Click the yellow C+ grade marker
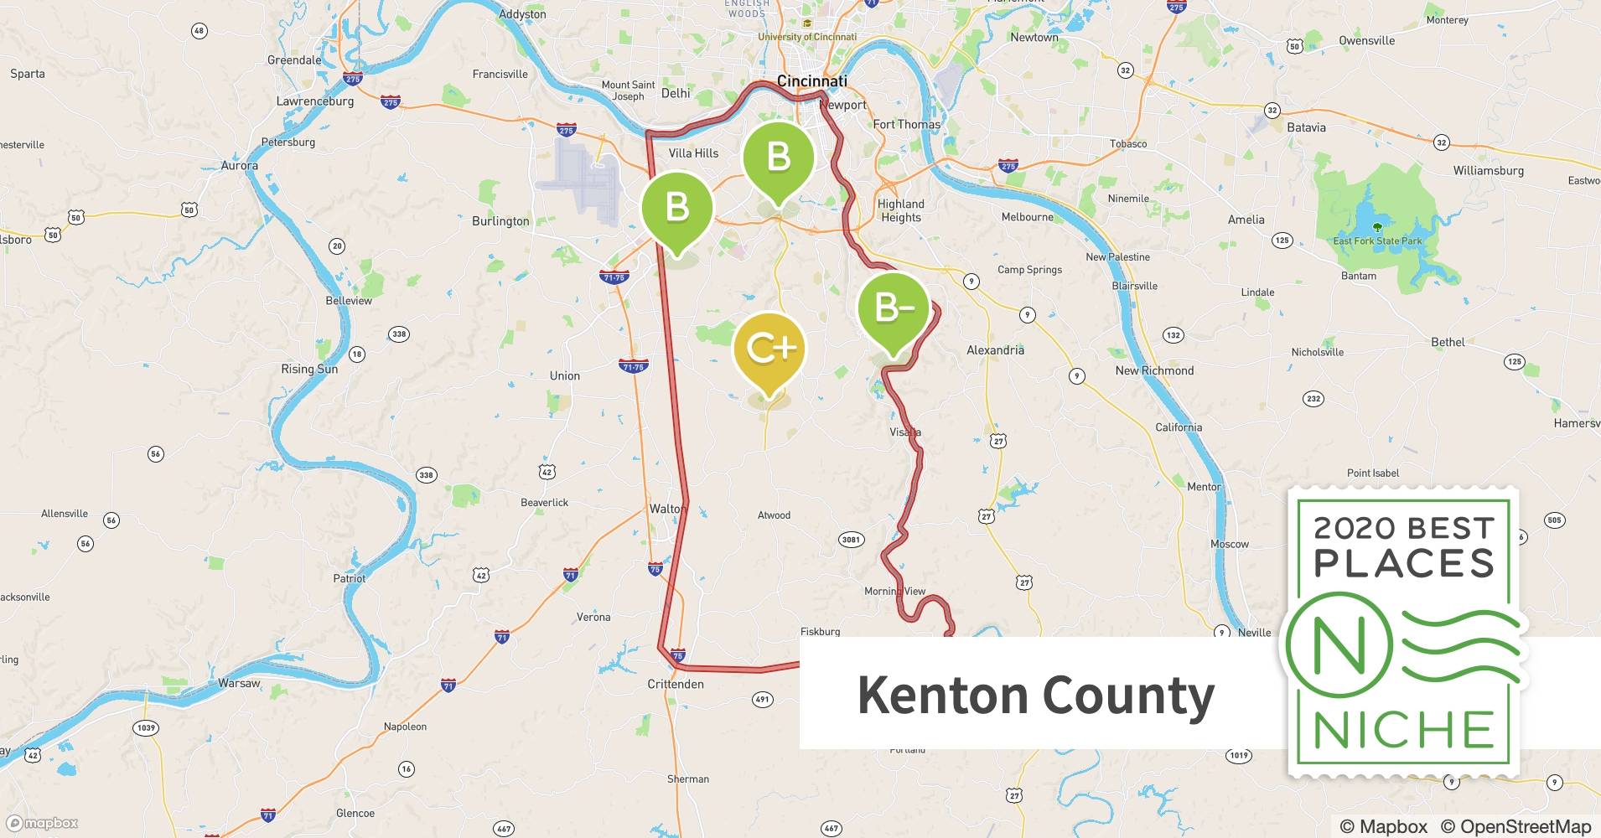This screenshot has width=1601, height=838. pyautogui.click(x=769, y=349)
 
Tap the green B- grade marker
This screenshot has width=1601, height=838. pyautogui.click(x=894, y=308)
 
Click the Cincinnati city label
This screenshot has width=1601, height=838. pyautogui.click(x=811, y=81)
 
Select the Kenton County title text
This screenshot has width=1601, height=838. pyautogui.click(x=1035, y=696)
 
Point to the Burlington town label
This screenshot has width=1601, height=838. pyautogui.click(x=500, y=221)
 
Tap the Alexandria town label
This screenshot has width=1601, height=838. pyautogui.click(x=995, y=350)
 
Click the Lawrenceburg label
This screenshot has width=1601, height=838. pyautogui.click(x=315, y=101)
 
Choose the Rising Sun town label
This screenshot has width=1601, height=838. pyautogui.click(x=309, y=370)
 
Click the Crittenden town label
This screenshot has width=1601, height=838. pyautogui.click(x=676, y=684)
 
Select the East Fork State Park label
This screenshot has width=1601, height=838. pyautogui.click(x=1377, y=241)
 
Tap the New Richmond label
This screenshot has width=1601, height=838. pyautogui.click(x=1154, y=370)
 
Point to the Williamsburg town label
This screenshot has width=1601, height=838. pyautogui.click(x=1488, y=171)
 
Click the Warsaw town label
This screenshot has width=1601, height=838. pyautogui.click(x=239, y=683)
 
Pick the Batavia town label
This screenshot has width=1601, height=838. pyautogui.click(x=1306, y=127)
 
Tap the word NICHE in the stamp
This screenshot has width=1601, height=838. pyautogui.click(x=1404, y=730)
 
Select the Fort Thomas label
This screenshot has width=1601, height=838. pyautogui.click(x=906, y=125)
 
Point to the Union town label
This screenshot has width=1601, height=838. pyautogui.click(x=564, y=376)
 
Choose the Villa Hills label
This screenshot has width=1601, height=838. pyautogui.click(x=693, y=153)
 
